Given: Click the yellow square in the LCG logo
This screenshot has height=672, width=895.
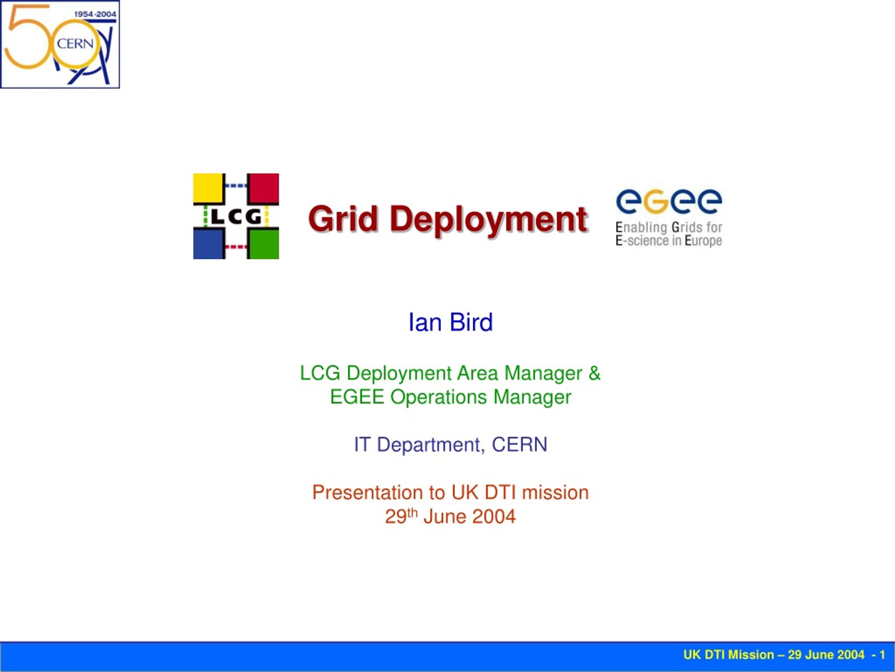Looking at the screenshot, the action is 208,188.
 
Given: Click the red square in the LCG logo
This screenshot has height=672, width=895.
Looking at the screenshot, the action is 263,188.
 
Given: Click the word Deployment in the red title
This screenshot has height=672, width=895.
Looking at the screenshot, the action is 489,221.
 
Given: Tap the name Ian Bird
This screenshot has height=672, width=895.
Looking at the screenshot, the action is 451,322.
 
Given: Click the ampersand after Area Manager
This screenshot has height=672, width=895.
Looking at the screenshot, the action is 594,373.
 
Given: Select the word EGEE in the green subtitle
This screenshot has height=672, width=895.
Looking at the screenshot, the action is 357,397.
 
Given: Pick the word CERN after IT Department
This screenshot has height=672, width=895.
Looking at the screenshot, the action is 520,444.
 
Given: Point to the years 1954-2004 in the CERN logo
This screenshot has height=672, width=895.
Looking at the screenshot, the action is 95,14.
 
